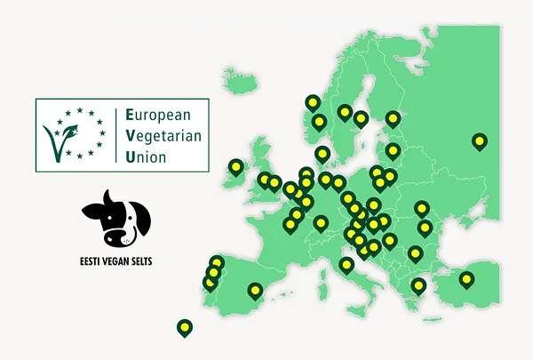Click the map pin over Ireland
[235, 166]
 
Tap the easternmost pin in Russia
[480, 140]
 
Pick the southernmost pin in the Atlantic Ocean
[184, 327]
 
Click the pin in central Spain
[255, 289]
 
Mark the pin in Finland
[393, 118]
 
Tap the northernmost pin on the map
[312, 102]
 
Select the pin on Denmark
[322, 154]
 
